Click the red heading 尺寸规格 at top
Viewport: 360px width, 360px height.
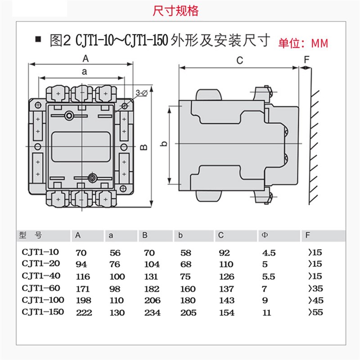[x=175, y=11]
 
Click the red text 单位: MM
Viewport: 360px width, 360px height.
[x=303, y=44]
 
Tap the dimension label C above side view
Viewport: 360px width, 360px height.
[x=239, y=60]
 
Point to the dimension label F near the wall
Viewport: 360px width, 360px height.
[x=307, y=60]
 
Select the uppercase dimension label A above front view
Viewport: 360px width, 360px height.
[x=85, y=58]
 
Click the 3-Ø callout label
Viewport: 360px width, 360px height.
[x=141, y=93]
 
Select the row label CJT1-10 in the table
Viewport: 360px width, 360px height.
[x=40, y=252]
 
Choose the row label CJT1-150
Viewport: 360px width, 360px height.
[x=43, y=311]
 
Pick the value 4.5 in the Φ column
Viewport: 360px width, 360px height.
[x=268, y=253]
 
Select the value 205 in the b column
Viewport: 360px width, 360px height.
[x=188, y=312]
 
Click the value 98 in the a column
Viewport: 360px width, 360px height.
[x=114, y=288]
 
